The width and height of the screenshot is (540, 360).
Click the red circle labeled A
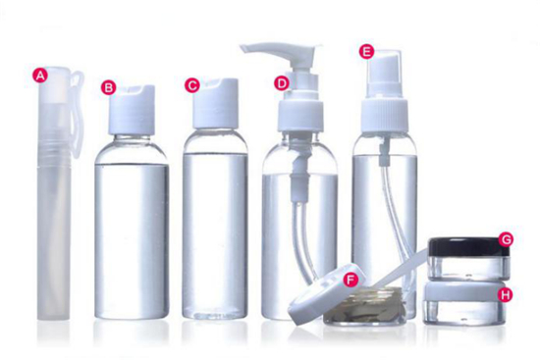[40, 76]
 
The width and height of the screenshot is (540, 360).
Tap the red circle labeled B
[108, 87]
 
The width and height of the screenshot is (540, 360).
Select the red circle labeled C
[192, 85]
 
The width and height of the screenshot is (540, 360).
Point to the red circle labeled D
[282, 83]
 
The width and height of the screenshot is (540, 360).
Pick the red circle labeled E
[366, 52]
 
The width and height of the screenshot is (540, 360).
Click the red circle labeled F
[351, 280]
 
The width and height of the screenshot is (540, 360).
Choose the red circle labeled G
[506, 239]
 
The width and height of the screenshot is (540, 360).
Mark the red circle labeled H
[506, 295]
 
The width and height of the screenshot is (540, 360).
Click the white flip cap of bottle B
[132, 110]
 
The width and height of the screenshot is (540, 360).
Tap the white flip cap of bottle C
[216, 103]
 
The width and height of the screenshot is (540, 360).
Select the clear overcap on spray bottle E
[384, 73]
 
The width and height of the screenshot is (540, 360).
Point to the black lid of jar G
[468, 247]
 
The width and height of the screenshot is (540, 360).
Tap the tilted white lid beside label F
[325, 293]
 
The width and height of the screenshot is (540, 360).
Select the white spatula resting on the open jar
[400, 269]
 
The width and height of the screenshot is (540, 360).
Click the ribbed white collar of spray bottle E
[385, 115]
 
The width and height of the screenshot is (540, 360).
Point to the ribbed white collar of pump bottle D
[300, 116]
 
